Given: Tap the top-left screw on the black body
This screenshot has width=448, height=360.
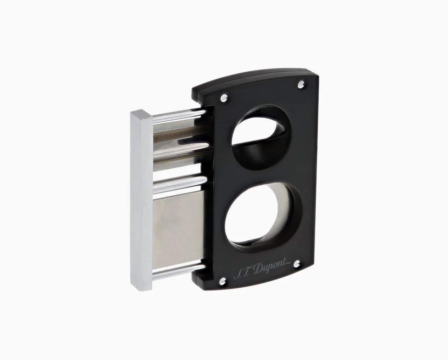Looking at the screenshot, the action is click(224, 98).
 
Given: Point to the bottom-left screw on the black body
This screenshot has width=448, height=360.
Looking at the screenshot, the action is click(223, 282).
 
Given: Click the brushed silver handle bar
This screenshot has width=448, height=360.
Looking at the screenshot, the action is click(142, 200).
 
